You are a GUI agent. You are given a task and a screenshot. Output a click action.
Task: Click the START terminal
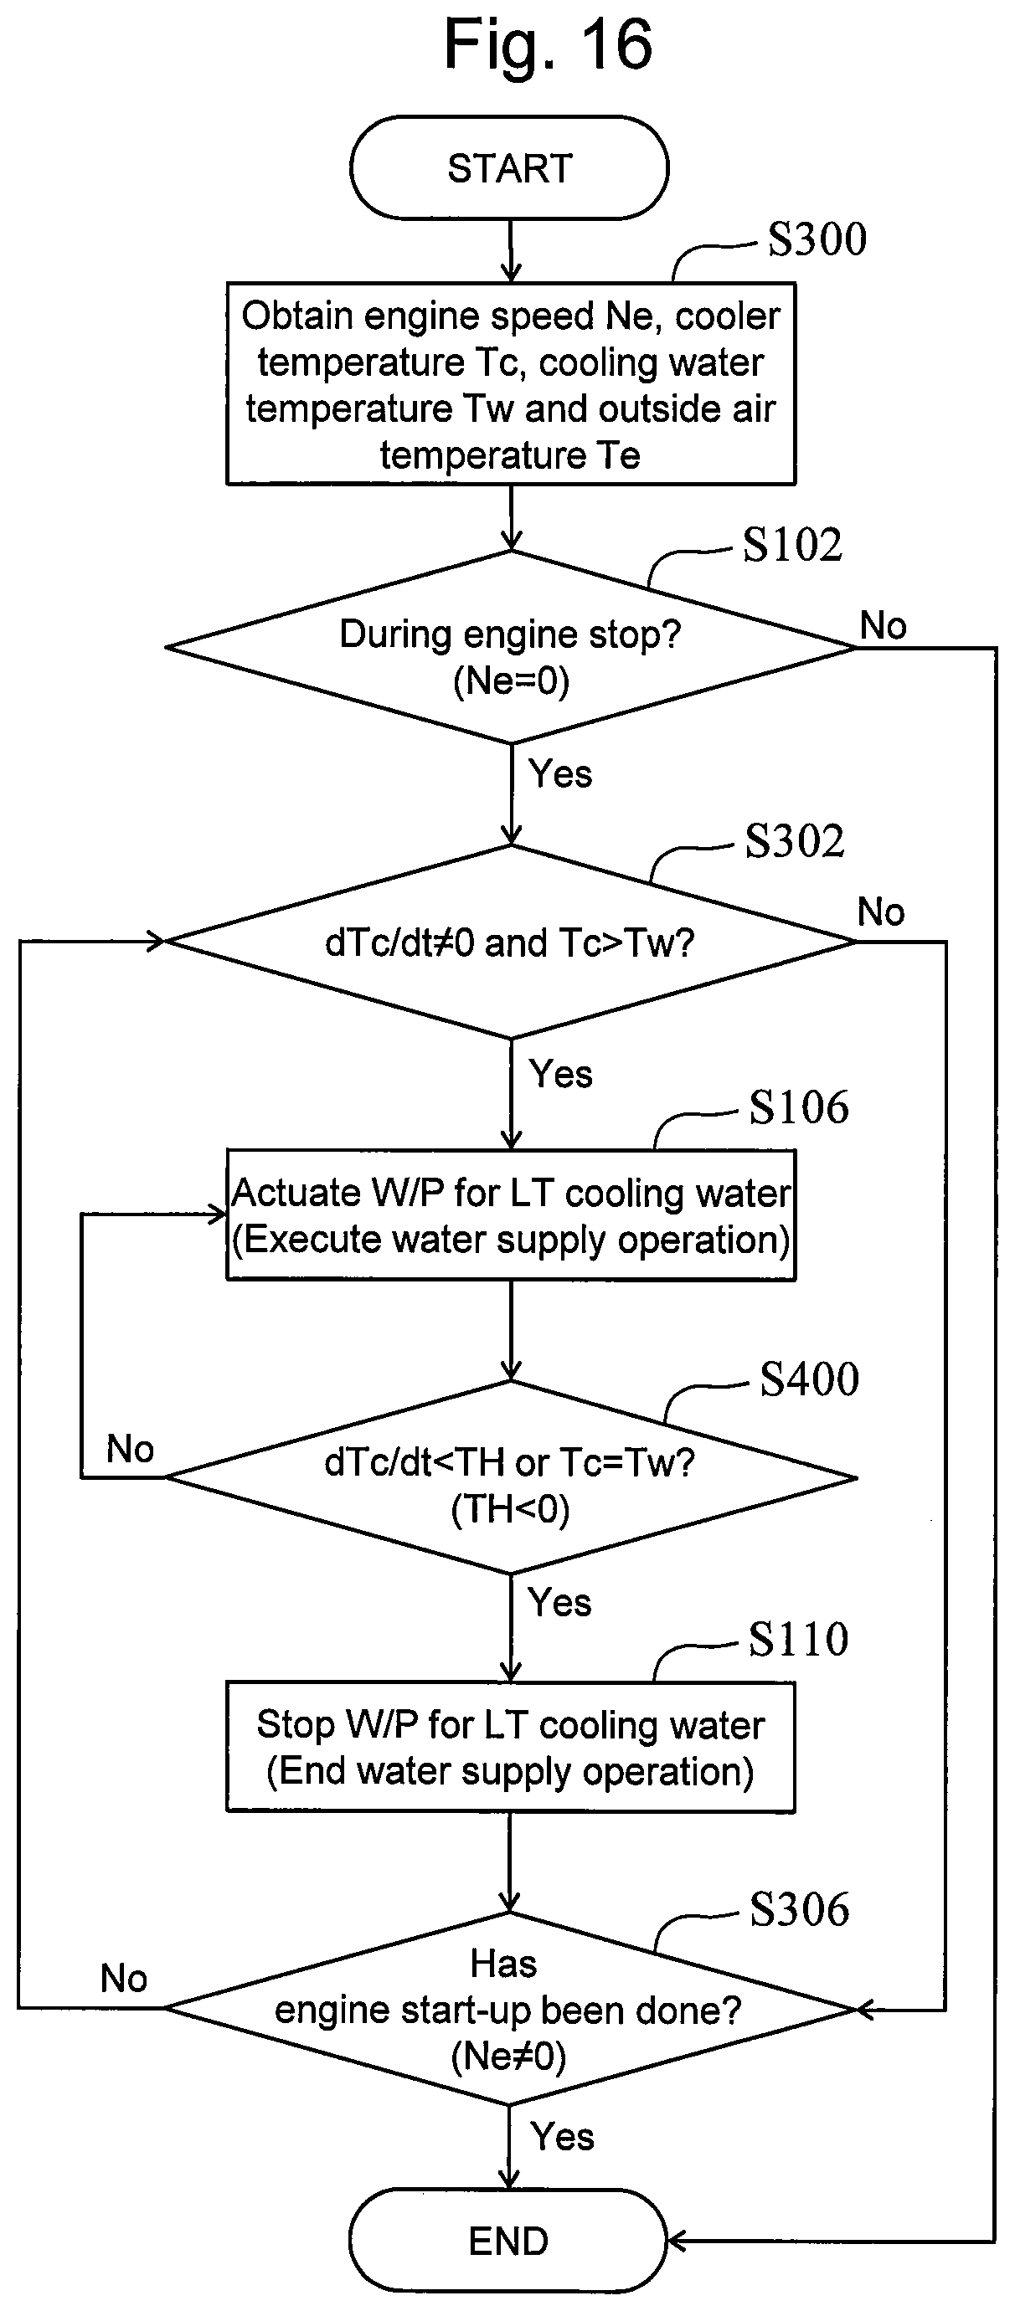[x=509, y=167]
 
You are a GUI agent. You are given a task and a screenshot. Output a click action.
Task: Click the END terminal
[x=508, y=2240]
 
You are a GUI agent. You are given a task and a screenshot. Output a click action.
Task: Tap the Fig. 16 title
[x=548, y=44]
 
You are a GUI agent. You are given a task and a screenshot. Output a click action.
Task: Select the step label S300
[x=817, y=239]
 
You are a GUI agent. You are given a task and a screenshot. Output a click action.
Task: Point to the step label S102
[x=792, y=545]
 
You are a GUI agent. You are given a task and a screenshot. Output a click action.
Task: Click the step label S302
[x=794, y=840]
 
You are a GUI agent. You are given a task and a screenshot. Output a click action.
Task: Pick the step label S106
[x=799, y=1107]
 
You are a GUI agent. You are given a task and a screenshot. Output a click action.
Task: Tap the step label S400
[x=810, y=1379]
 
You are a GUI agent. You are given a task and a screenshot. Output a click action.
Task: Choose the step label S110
[x=798, y=1639]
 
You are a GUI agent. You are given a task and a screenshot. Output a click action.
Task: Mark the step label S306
[x=799, y=1908]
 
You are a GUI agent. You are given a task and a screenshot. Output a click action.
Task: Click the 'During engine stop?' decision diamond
[x=511, y=647]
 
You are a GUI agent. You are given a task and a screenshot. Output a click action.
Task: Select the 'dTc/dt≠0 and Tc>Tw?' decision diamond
[x=511, y=942]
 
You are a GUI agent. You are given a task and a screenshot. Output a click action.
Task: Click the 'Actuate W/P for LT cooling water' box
[x=511, y=1215]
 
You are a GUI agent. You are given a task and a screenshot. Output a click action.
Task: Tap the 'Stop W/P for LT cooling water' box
[x=511, y=1747]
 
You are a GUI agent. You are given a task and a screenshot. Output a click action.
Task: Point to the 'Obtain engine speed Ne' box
[x=511, y=384]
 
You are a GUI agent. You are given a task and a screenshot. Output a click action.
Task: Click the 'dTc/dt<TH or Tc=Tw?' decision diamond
[x=511, y=1476]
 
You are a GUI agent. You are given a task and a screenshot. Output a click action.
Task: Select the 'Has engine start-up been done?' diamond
[x=510, y=2009]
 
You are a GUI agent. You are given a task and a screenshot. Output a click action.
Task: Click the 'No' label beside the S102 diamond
[x=883, y=625]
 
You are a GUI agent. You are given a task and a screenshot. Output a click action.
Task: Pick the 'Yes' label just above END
[x=562, y=2137]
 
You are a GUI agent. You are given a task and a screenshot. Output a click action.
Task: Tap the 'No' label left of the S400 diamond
[x=130, y=1449]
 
